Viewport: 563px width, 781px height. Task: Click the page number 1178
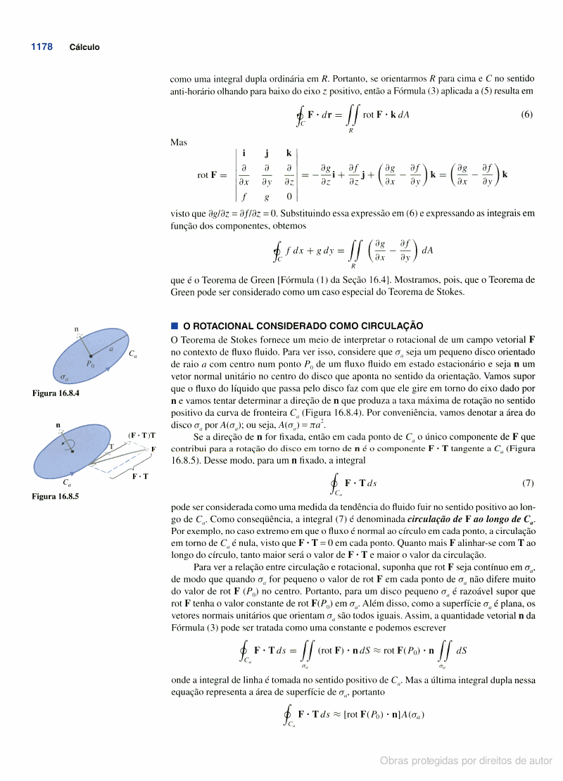click(42, 47)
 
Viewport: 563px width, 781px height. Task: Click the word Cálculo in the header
click(84, 48)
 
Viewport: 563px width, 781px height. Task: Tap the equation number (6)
click(527, 115)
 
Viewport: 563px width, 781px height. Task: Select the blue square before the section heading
click(175, 326)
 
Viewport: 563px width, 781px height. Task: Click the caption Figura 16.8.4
click(56, 393)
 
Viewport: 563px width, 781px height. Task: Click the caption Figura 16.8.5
click(56, 497)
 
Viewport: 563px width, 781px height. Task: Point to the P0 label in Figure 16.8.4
click(89, 364)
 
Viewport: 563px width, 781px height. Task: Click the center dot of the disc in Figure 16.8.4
click(91, 356)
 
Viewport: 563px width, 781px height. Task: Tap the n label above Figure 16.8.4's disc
click(77, 329)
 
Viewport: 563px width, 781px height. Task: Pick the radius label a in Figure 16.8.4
click(110, 348)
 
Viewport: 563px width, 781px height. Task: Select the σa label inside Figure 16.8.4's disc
click(64, 377)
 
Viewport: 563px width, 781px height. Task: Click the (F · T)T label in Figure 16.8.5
click(142, 436)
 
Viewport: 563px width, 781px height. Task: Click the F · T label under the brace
click(140, 477)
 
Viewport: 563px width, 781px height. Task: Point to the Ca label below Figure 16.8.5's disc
click(66, 483)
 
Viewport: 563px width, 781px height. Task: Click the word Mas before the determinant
click(179, 142)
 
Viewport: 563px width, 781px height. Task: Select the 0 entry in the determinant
click(289, 196)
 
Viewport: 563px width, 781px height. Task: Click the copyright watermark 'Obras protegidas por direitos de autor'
click(466, 761)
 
